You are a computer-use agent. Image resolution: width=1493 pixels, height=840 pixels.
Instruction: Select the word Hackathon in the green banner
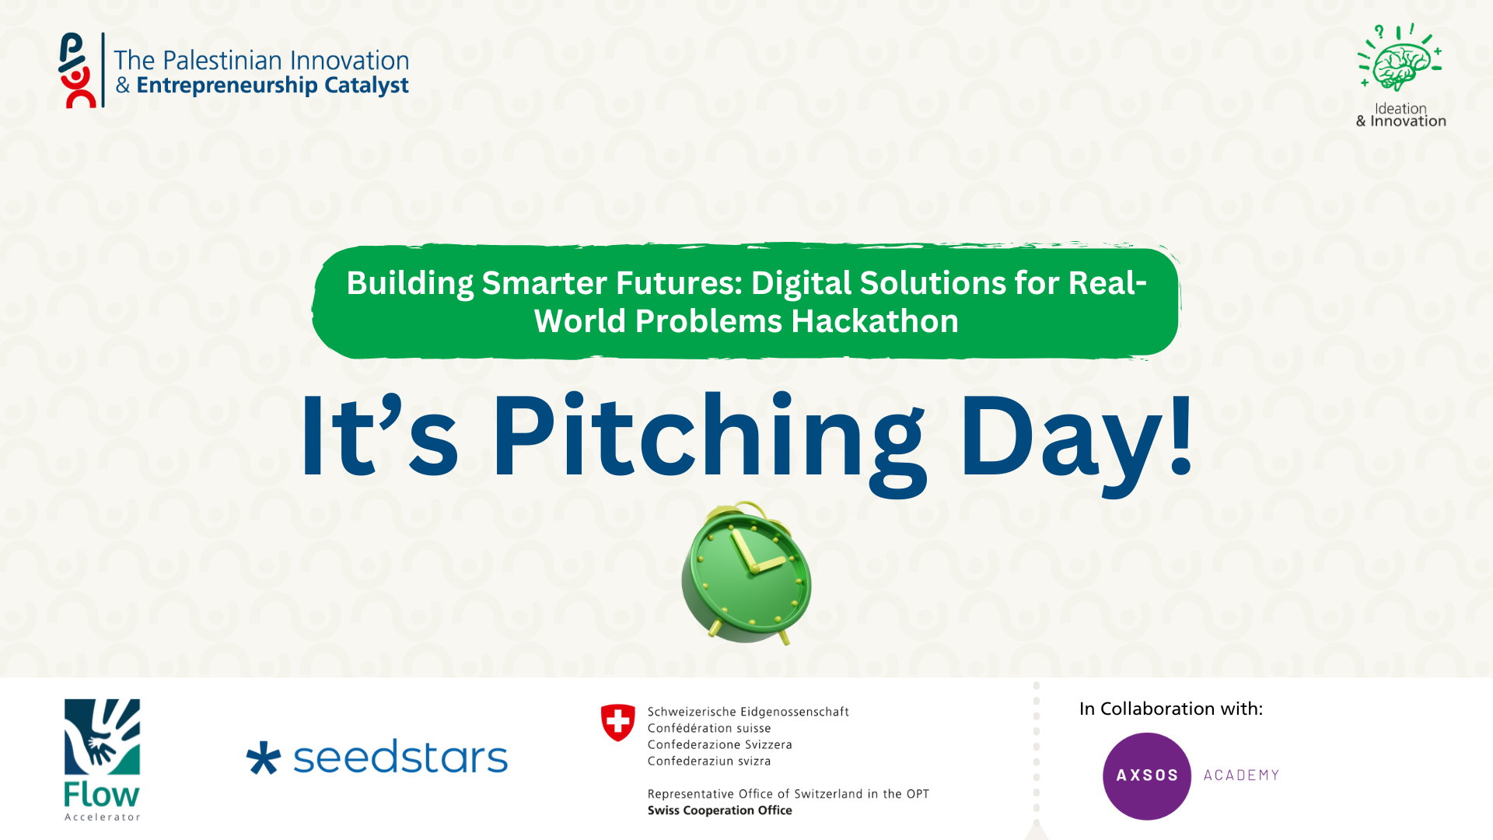tap(875, 321)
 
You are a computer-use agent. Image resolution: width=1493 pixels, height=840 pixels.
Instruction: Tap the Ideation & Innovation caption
tap(1400, 115)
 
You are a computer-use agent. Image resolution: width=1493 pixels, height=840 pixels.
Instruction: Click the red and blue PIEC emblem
tap(77, 70)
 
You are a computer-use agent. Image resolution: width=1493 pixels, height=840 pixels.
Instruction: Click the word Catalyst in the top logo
tap(366, 86)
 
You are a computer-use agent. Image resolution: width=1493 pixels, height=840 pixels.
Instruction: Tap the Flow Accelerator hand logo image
tap(102, 737)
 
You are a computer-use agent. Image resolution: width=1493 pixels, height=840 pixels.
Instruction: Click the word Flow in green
tap(102, 795)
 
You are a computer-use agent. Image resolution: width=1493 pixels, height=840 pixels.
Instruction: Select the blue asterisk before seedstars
tap(263, 758)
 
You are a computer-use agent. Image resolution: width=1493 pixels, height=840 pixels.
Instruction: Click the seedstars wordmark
tap(400, 757)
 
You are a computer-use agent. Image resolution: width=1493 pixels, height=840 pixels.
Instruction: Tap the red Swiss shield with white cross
tap(618, 723)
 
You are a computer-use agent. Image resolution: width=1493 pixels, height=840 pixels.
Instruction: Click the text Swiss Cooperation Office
tap(720, 810)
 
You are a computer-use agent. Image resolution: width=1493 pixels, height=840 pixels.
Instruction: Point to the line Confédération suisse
tap(709, 729)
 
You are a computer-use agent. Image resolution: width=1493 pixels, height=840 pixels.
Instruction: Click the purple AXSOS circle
tap(1147, 776)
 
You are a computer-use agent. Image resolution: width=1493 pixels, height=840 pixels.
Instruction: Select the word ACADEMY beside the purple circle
tap(1242, 775)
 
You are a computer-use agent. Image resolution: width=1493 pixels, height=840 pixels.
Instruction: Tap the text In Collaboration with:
tap(1171, 709)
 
